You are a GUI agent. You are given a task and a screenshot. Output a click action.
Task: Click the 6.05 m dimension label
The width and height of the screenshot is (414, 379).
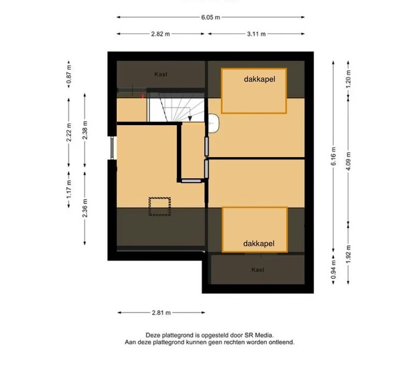click(x=211, y=18)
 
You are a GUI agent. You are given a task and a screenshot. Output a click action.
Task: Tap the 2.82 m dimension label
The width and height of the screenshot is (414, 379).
click(x=160, y=34)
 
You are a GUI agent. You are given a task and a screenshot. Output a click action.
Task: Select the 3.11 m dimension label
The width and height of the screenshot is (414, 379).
click(x=256, y=34)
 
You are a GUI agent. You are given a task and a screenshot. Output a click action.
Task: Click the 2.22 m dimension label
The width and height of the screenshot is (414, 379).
click(x=69, y=132)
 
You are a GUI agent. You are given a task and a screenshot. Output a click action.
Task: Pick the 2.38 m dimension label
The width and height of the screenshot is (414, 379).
click(x=85, y=130)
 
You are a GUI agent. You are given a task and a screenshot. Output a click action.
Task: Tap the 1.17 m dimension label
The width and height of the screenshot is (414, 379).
click(x=69, y=189)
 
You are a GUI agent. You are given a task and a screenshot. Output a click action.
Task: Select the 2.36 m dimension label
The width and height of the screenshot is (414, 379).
click(x=85, y=208)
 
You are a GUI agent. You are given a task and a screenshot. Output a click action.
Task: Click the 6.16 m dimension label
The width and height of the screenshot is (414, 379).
click(x=333, y=156)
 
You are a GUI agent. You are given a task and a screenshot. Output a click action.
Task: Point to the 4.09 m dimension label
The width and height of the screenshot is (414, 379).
click(x=348, y=161)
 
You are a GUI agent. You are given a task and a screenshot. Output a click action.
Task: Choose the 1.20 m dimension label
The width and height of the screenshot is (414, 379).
click(x=348, y=79)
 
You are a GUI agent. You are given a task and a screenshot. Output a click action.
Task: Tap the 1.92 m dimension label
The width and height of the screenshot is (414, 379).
click(x=348, y=254)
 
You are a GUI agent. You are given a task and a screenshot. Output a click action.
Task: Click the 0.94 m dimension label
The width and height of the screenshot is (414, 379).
click(x=333, y=269)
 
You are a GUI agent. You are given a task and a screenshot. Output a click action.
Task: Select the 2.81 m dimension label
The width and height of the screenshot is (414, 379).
click(x=161, y=313)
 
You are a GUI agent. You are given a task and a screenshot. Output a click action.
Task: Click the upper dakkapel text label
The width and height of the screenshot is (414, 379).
click(x=260, y=80)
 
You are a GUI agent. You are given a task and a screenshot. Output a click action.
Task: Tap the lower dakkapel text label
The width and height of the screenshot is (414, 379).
click(x=259, y=244)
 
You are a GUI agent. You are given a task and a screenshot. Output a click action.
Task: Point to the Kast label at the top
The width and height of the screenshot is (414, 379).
click(x=161, y=74)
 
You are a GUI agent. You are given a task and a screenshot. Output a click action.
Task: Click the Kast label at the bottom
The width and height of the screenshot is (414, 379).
click(x=258, y=270)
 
